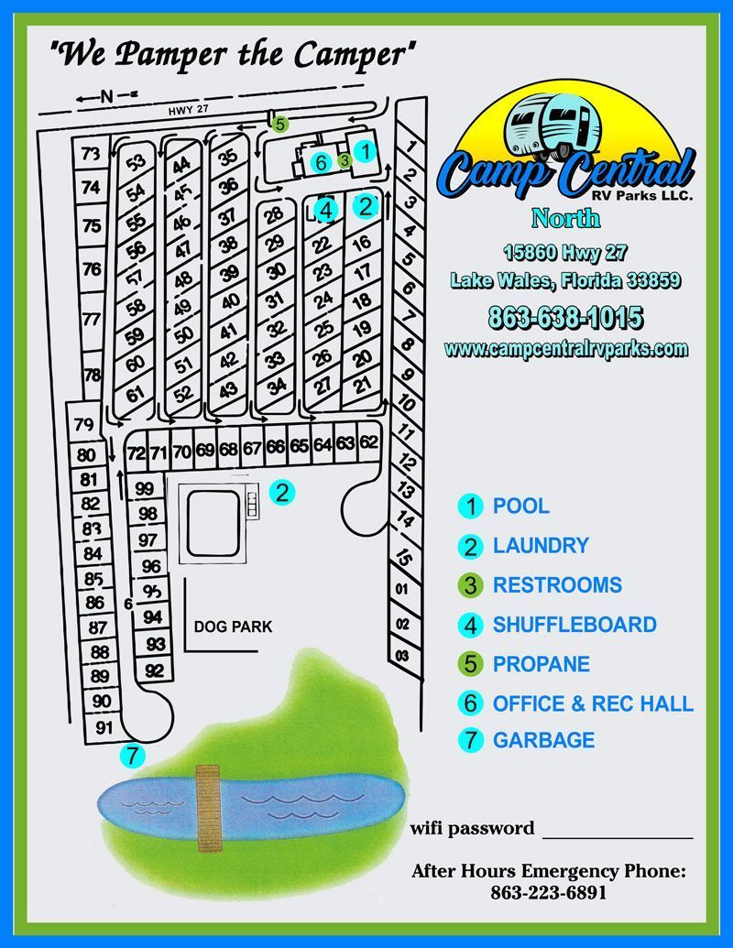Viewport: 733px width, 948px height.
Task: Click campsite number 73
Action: [x=89, y=155]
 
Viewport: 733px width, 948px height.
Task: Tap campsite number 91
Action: [x=104, y=729]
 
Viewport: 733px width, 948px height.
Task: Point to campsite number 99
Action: [x=145, y=489]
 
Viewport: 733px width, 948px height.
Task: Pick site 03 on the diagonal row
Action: [x=401, y=656]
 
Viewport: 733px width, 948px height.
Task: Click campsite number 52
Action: [x=184, y=394]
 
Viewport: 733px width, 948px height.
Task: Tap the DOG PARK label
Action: [x=233, y=627]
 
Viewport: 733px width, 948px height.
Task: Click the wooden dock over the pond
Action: [x=208, y=809]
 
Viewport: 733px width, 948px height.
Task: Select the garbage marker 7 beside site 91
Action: [x=134, y=757]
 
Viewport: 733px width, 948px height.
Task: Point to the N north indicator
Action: [x=106, y=95]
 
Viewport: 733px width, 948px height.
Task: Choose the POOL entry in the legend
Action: [x=520, y=506]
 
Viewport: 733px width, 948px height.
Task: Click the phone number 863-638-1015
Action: [x=565, y=318]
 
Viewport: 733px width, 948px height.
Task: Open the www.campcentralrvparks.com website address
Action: [x=565, y=349]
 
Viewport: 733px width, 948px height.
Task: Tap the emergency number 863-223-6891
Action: [x=548, y=892]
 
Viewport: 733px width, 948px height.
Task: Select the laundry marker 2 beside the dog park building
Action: [x=283, y=493]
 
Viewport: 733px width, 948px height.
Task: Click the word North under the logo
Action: [x=565, y=218]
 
